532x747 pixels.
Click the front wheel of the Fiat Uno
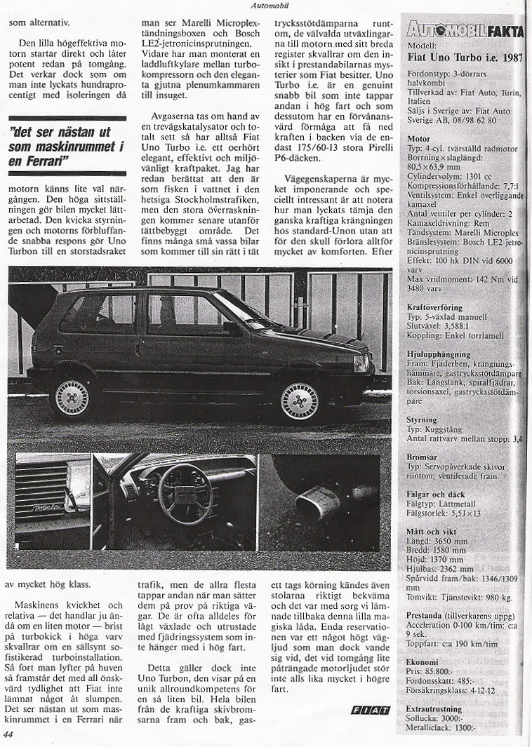coord(300,401)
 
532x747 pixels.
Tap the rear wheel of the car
coord(72,397)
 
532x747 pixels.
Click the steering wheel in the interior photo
coord(185,493)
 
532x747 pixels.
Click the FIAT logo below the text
coord(370,710)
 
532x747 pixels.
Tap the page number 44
coord(8,734)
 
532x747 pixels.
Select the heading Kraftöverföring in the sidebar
coord(436,307)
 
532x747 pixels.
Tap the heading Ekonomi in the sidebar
coord(423,661)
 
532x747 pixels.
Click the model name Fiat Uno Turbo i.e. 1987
coord(465,58)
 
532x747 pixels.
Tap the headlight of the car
coord(361,363)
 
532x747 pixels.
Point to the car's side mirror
coord(231,327)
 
